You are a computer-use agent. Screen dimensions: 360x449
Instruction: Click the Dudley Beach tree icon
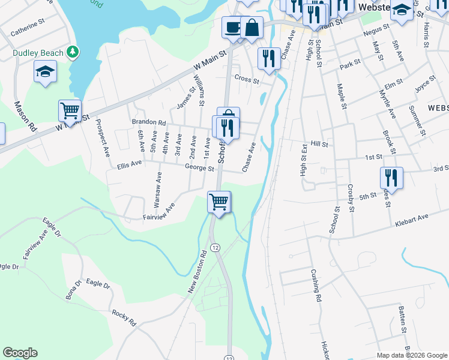tap(73, 53)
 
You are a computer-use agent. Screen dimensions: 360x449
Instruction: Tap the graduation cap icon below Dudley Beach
tap(45, 73)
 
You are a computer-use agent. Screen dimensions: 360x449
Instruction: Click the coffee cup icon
tap(232, 27)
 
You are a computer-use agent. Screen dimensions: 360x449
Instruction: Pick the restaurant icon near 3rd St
tap(391, 177)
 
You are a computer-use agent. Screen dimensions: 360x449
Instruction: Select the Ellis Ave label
tap(129, 164)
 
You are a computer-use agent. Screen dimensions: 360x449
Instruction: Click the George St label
tap(199, 169)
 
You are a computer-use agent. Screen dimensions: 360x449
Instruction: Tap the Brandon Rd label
tap(148, 122)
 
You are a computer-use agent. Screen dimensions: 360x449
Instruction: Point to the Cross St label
tap(247, 79)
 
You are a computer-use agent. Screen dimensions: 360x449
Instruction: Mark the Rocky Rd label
tap(124, 317)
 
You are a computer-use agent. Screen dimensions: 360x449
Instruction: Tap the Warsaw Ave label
tap(158, 191)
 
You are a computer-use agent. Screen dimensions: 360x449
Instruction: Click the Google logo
tap(20, 353)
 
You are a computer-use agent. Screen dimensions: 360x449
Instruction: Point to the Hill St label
tap(320, 144)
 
